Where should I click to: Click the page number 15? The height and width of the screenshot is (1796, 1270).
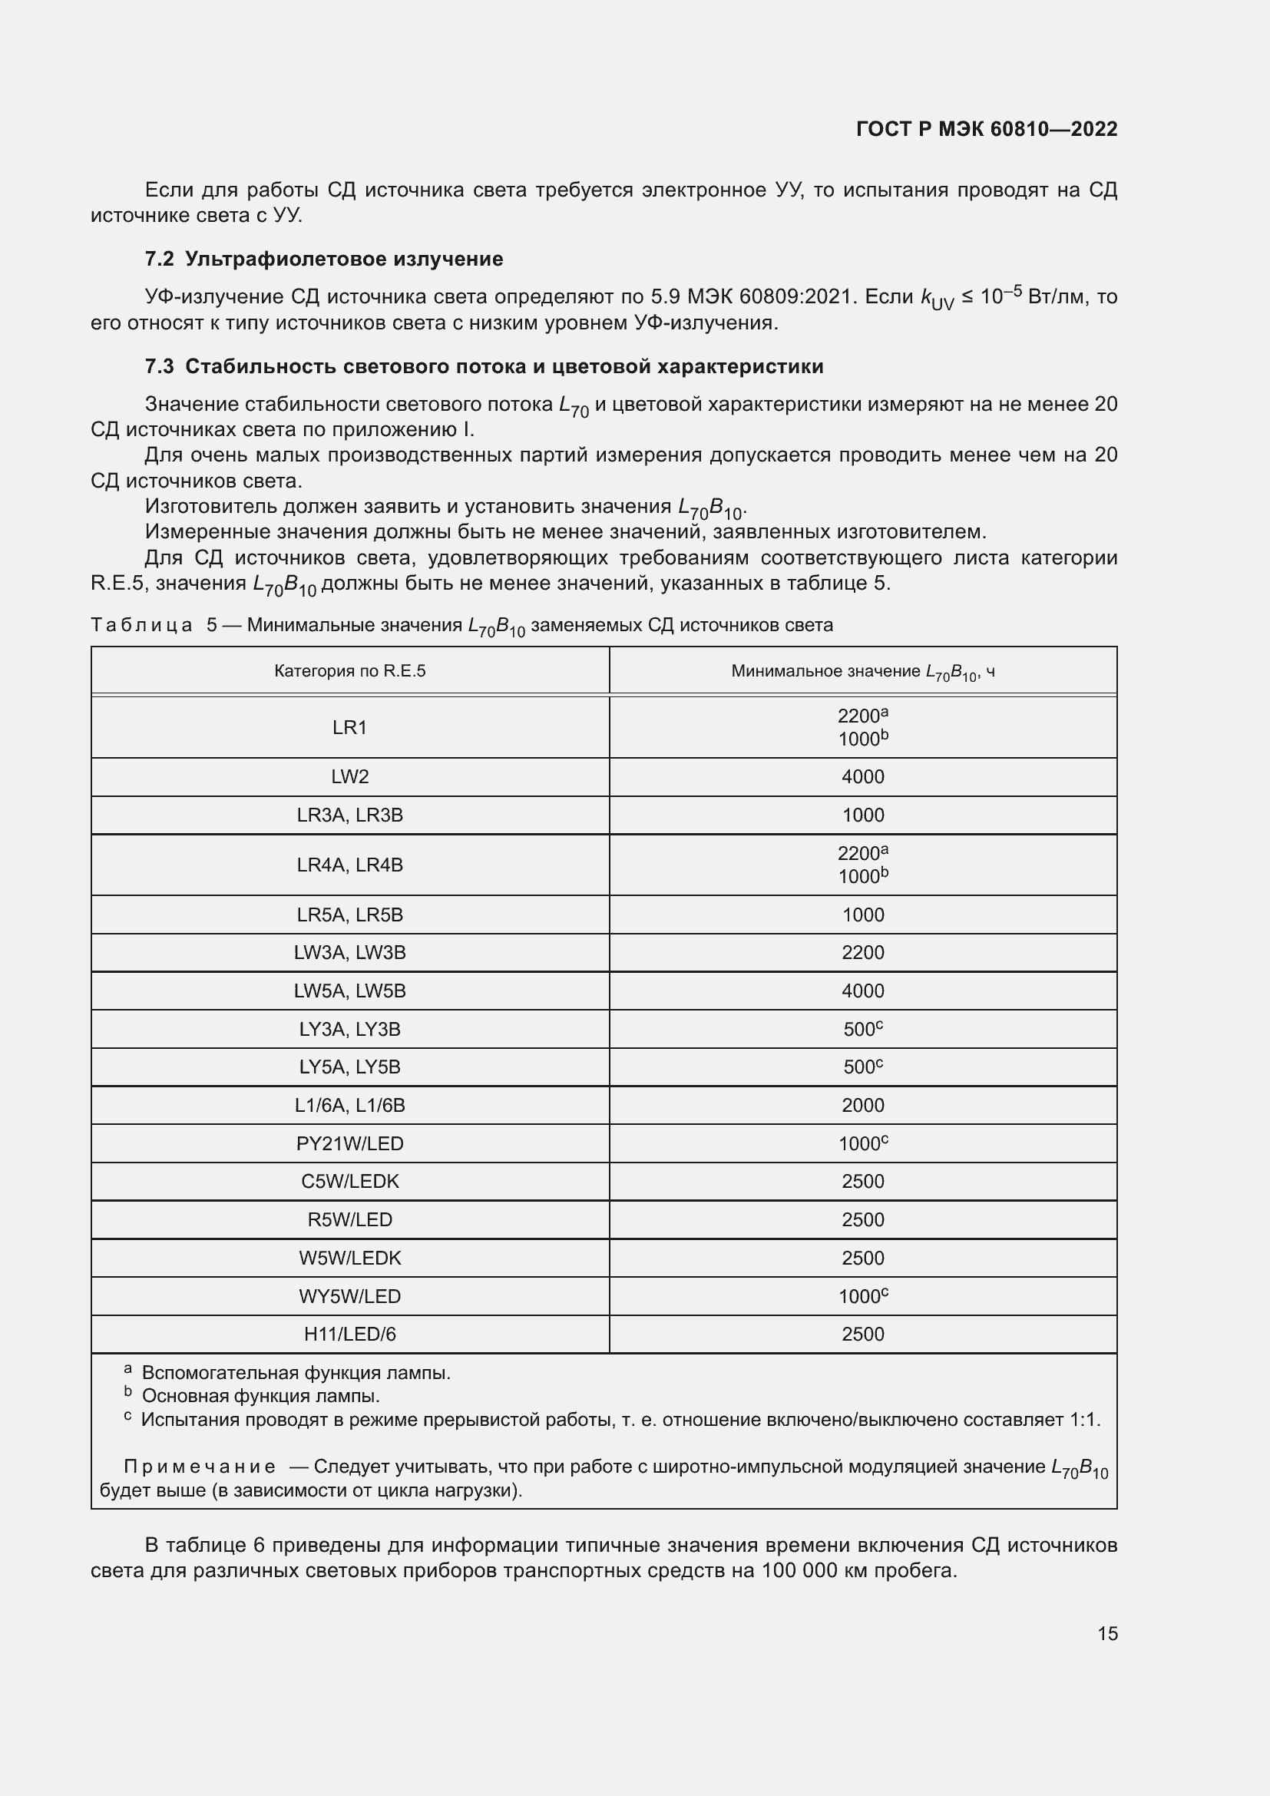1107,1634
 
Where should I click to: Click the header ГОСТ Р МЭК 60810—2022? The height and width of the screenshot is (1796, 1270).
987,129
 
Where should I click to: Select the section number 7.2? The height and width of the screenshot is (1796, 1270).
160,259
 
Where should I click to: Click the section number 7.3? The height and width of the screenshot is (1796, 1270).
160,366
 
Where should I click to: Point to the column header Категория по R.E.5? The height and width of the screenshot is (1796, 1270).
349,671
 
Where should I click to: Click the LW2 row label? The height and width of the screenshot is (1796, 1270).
349,777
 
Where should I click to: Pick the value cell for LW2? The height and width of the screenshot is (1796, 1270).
862,777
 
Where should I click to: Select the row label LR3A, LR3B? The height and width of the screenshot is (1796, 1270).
349,815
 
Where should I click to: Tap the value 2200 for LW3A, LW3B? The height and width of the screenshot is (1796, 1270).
862,953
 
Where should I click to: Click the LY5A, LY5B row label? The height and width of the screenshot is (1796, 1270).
349,1067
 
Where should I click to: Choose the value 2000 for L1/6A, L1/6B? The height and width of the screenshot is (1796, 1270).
862,1105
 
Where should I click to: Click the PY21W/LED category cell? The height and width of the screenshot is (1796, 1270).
349,1143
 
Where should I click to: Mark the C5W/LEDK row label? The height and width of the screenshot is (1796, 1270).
349,1181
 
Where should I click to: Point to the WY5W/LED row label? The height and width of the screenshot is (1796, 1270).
349,1296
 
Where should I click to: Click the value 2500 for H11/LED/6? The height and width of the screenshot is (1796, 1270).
862,1334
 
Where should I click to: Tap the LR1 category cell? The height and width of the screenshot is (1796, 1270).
349,727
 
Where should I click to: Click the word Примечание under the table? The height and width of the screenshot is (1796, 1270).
200,1467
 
